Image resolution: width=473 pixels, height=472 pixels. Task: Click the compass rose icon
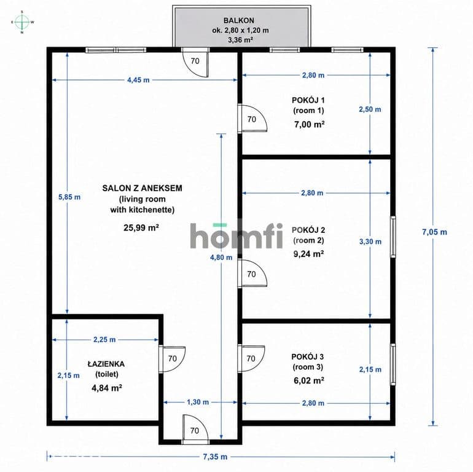(x=22, y=22)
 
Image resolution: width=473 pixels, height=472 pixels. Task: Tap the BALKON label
(x=238, y=20)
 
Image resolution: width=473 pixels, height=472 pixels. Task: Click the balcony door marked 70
(x=195, y=62)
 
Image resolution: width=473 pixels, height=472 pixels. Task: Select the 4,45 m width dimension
(x=138, y=80)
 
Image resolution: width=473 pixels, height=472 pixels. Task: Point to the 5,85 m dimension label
(x=69, y=197)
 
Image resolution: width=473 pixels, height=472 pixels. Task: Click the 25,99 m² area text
(x=141, y=227)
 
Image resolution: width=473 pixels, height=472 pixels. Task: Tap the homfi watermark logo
(x=237, y=236)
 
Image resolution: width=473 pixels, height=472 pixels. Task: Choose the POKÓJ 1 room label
(x=308, y=100)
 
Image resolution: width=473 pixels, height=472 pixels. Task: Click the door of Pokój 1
(x=252, y=119)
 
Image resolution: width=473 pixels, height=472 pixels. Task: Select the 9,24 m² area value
(x=308, y=254)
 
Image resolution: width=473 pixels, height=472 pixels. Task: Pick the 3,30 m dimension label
(x=370, y=242)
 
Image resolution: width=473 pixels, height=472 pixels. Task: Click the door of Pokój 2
(x=252, y=273)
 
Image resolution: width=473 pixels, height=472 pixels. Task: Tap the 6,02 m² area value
(x=308, y=380)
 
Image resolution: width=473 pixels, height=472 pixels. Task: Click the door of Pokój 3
(x=251, y=358)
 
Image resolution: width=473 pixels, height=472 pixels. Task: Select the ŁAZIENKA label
(x=106, y=364)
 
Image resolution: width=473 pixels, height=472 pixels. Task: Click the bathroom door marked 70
(x=172, y=359)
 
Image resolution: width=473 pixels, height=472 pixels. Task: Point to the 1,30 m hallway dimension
(x=198, y=402)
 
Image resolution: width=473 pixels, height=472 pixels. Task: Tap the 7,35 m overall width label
(x=215, y=457)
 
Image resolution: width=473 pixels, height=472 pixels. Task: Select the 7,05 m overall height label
(x=434, y=232)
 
